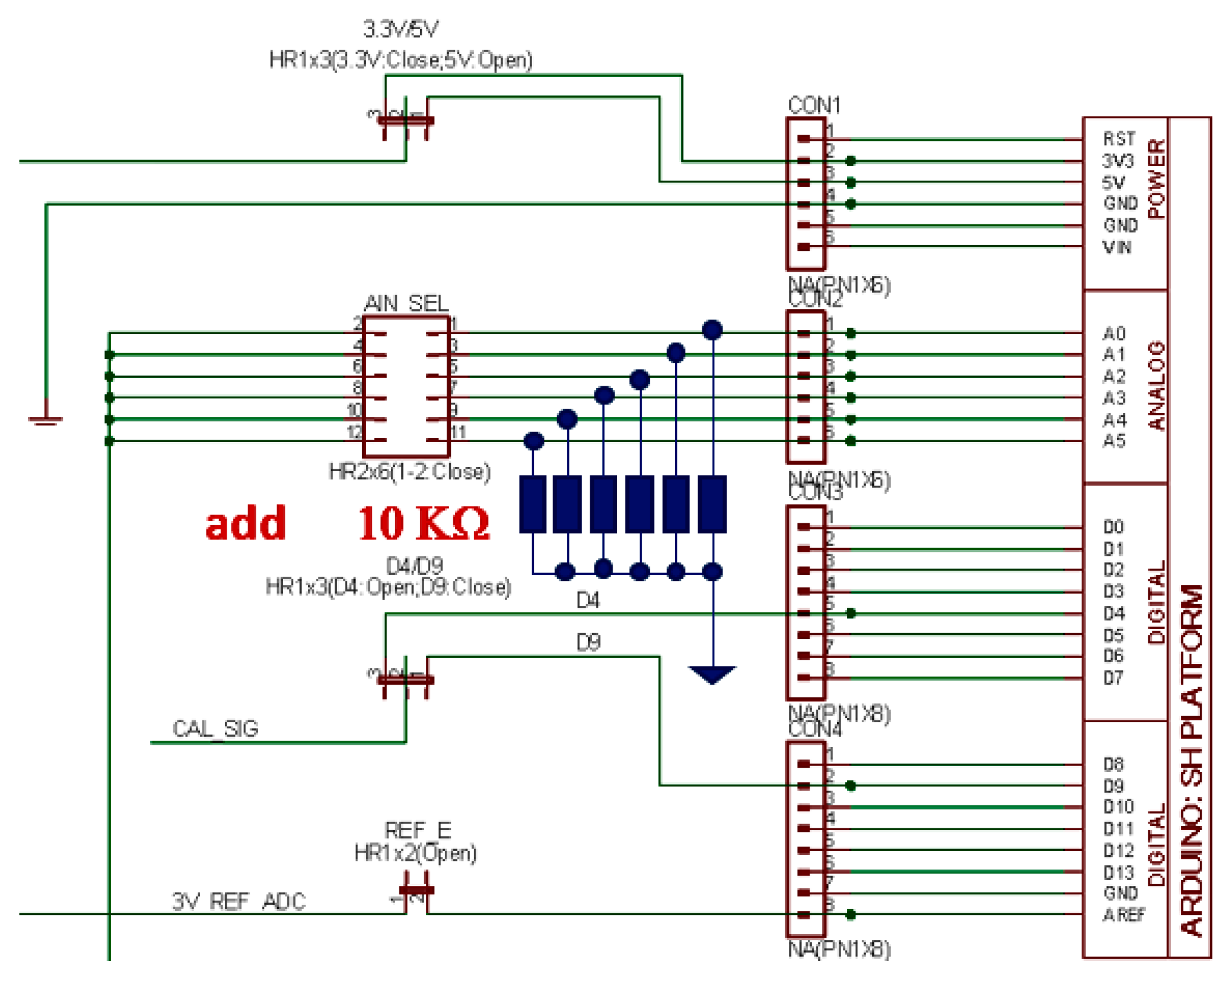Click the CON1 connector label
814,106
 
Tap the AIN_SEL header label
406,303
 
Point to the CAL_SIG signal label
216,728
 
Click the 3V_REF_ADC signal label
239,901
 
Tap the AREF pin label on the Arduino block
1124,914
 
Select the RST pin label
1118,139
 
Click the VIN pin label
1116,247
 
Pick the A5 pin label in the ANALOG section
1114,441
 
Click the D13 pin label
1118,873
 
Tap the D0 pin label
1113,526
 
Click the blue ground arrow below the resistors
712,674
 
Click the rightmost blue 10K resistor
712,505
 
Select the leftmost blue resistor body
533,505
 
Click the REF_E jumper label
418,830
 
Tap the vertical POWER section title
1156,178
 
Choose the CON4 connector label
814,730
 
